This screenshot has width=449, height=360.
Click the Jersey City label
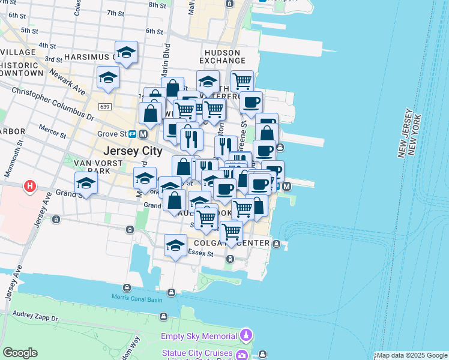[x=133, y=151]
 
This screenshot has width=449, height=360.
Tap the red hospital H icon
[x=29, y=187]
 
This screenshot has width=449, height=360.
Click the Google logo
[x=20, y=353]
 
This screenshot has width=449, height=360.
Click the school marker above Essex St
[x=175, y=245]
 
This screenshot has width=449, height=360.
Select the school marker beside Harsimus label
[x=126, y=53]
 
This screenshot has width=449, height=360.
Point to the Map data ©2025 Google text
[x=412, y=355]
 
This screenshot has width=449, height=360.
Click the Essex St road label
[x=202, y=254]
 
